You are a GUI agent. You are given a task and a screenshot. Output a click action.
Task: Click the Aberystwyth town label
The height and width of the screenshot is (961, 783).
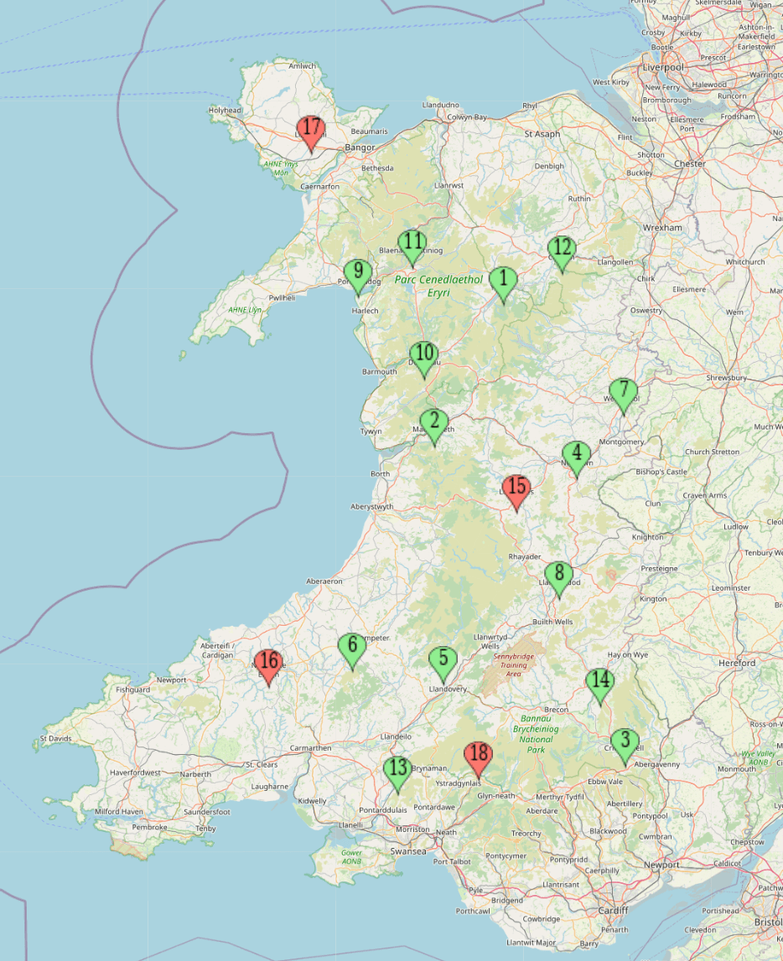(371, 507)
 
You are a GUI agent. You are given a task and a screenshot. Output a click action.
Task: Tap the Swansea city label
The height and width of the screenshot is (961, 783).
(409, 851)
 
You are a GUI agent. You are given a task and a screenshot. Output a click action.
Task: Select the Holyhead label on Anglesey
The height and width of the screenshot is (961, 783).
(225, 110)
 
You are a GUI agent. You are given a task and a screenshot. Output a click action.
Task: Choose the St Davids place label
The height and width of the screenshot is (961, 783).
(55, 739)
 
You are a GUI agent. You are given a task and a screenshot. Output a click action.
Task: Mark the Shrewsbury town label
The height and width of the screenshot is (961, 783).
(726, 378)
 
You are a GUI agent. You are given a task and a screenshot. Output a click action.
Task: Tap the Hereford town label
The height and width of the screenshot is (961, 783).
(737, 663)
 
